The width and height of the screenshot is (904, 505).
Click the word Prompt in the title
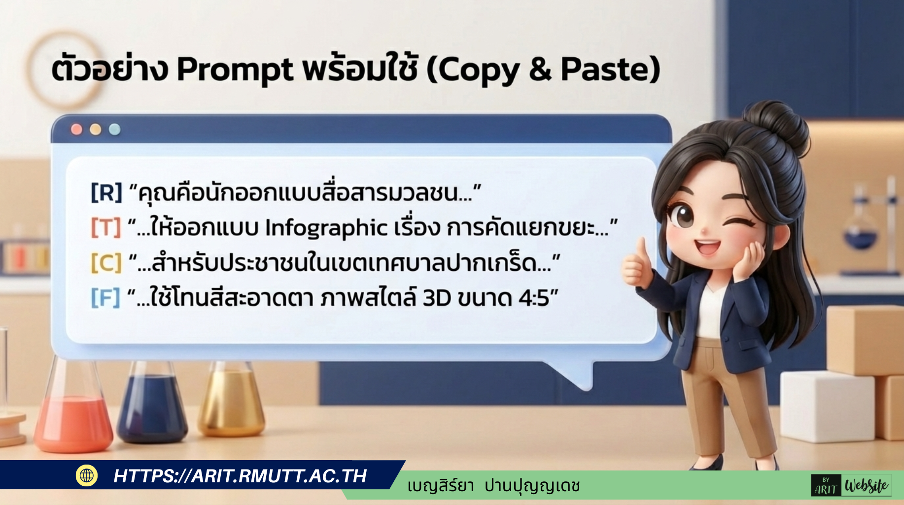[x=235, y=70]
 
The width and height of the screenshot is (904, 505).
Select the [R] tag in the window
[x=106, y=192]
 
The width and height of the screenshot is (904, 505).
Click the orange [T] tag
[x=105, y=227]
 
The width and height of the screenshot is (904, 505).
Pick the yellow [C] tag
[x=106, y=262]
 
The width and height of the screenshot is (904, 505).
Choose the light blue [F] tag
[x=105, y=297]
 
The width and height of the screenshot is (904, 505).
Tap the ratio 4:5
[x=533, y=298]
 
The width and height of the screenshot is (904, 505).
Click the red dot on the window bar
[x=76, y=129]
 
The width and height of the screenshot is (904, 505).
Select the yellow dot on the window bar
[x=95, y=129]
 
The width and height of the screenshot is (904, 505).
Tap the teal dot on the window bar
[x=114, y=129]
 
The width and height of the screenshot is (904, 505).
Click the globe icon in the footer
[x=87, y=475]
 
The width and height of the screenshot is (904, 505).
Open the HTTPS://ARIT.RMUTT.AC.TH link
[x=240, y=476]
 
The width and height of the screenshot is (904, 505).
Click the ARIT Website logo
[x=851, y=485]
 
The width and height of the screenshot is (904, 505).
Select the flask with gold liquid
[x=231, y=399]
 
